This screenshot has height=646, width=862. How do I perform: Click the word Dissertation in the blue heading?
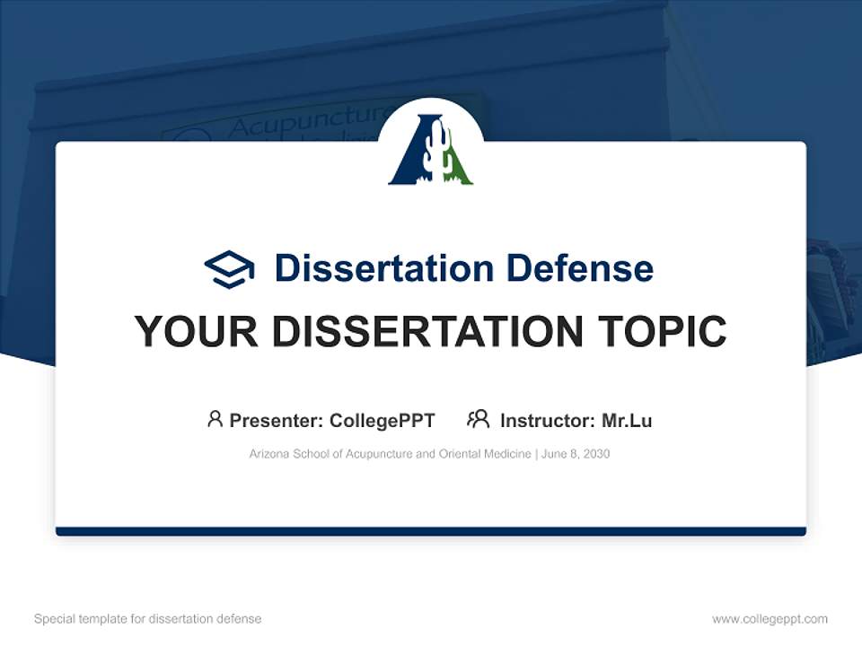tap(383, 268)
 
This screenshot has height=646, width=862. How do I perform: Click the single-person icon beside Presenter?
tap(215, 419)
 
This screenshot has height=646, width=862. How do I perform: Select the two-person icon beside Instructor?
tap(478, 419)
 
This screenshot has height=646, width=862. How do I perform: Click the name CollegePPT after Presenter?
tap(383, 420)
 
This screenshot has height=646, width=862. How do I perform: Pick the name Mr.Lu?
tap(627, 420)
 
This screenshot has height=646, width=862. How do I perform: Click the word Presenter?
tap(277, 420)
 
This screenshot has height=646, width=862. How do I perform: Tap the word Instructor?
tap(548, 420)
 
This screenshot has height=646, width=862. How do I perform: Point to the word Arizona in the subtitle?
tap(268, 454)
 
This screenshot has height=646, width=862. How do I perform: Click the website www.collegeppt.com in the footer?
tap(770, 619)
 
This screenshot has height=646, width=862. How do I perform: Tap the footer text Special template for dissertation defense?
tap(147, 619)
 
